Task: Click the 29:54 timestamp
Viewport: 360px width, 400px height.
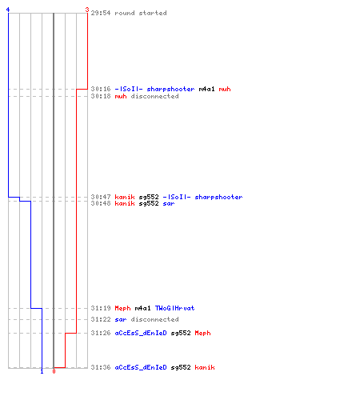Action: click(101, 13)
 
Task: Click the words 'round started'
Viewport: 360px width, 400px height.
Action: click(141, 13)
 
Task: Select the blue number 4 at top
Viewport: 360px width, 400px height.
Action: click(8, 10)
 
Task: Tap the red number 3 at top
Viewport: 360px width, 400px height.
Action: click(87, 10)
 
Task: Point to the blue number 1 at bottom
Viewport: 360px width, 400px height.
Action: click(42, 371)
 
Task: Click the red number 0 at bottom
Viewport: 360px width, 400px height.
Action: click(54, 371)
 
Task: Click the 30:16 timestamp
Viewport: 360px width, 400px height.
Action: click(101, 89)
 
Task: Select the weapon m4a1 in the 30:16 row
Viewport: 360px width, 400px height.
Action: click(206, 89)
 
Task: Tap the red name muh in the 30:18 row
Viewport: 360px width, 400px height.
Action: click(121, 96)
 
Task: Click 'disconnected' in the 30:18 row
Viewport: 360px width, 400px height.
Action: click(154, 96)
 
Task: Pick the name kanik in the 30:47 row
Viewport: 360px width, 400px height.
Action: click(125, 197)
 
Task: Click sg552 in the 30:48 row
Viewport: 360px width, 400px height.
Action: click(149, 203)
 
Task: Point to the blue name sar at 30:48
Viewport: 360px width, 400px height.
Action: click(169, 204)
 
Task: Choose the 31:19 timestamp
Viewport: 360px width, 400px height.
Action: click(101, 308)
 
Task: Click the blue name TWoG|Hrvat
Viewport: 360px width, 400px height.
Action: click(175, 308)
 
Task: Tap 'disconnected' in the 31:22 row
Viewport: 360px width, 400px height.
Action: click(154, 319)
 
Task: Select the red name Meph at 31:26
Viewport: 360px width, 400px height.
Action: click(202, 333)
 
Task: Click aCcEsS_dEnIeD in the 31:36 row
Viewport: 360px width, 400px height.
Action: click(141, 367)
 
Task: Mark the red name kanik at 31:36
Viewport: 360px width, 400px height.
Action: click(205, 367)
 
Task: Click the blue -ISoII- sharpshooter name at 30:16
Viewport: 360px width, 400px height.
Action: click(154, 89)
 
